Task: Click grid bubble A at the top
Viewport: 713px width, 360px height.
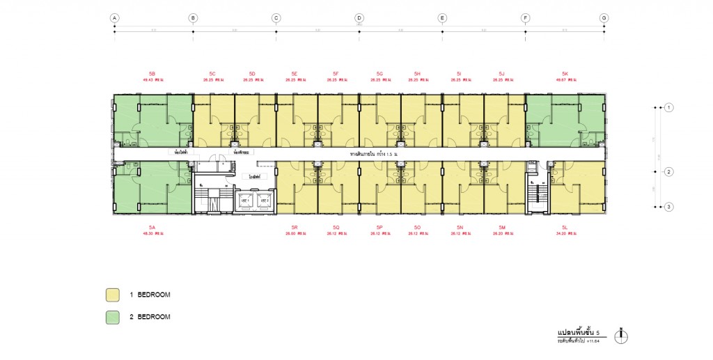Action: [x=114, y=17]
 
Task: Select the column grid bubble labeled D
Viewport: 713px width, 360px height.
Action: [x=359, y=17]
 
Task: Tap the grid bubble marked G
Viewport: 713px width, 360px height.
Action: [x=604, y=17]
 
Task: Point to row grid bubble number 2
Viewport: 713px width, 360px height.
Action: [x=668, y=172]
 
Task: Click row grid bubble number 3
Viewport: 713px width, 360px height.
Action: [x=668, y=206]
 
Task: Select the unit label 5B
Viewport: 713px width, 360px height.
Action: [x=152, y=73]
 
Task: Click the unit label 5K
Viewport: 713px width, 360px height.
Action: [x=565, y=73]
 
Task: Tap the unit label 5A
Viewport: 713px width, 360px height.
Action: [x=152, y=227]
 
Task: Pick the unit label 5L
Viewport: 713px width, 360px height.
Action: [x=565, y=227]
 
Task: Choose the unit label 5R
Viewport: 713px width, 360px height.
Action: [x=295, y=227]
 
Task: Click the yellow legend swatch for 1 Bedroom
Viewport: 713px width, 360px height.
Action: [x=112, y=295]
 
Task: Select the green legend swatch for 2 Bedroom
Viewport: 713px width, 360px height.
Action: [x=112, y=317]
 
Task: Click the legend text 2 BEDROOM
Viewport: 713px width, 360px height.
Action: [x=150, y=317]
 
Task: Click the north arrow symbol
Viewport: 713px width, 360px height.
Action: [x=622, y=336]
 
